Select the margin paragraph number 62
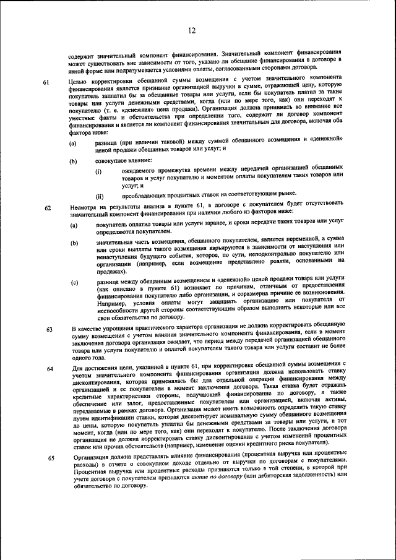point(46,208)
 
